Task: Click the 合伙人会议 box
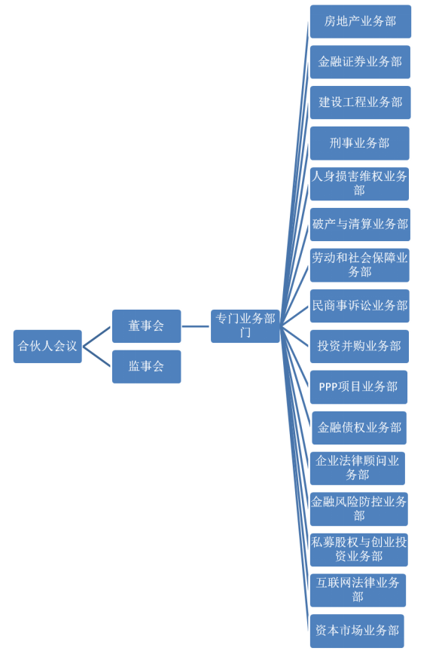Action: click(47, 347)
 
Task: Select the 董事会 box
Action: click(146, 326)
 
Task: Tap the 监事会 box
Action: click(146, 367)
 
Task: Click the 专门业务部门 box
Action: click(245, 326)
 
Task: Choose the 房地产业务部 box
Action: click(361, 21)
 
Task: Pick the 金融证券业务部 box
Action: click(360, 62)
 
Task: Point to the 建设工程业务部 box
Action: click(361, 102)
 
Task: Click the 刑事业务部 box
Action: click(360, 143)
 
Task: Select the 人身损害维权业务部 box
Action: click(360, 184)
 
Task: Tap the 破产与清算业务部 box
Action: click(360, 225)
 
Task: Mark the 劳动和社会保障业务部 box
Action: click(360, 265)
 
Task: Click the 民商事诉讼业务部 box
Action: click(360, 306)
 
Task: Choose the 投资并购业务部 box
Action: click(360, 347)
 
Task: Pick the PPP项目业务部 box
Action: click(358, 387)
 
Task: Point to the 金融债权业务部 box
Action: click(359, 428)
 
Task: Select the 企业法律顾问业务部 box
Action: click(358, 469)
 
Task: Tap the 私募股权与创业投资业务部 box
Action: click(359, 550)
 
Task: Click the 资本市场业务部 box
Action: click(357, 631)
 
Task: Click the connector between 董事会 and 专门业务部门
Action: click(196, 326)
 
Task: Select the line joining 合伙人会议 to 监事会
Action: click(97, 356)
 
